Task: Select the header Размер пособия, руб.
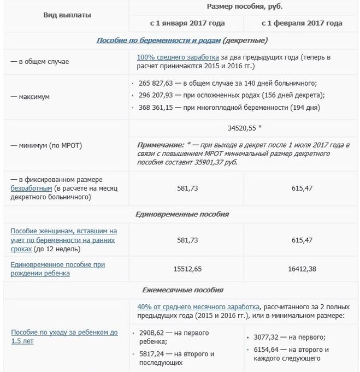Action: [244, 7]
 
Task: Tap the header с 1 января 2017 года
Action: [187, 23]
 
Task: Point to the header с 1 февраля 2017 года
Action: [302, 23]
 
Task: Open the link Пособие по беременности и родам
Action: [158, 40]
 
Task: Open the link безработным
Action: [32, 188]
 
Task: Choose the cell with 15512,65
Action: [187, 269]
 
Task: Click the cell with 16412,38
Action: [302, 269]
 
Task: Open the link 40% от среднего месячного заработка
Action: [198, 307]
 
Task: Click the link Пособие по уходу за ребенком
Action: [64, 332]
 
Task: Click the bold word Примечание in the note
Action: [160, 145]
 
